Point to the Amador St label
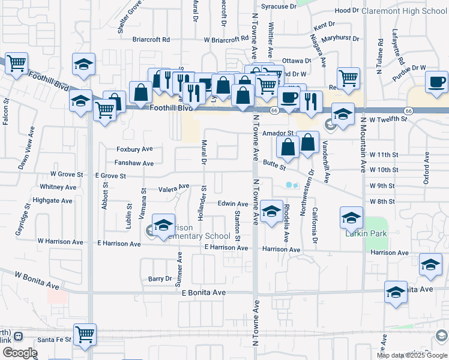pyautogui.click(x=277, y=133)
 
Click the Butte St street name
pyautogui.click(x=274, y=163)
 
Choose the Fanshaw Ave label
pyautogui.click(x=135, y=163)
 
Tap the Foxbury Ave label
pyautogui.click(x=134, y=149)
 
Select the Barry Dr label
pyautogui.click(x=160, y=279)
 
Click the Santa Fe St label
pyautogui.click(x=54, y=340)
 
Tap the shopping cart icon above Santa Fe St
pyautogui.click(x=85, y=335)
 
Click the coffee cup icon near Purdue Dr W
pyautogui.click(x=436, y=81)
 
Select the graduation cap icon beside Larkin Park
pyautogui.click(x=351, y=217)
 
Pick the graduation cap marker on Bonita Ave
pyautogui.click(x=396, y=292)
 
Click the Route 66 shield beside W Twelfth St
pyautogui.click(x=408, y=111)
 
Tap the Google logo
pyautogui.click(x=20, y=353)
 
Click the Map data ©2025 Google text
pyautogui.click(x=412, y=355)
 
